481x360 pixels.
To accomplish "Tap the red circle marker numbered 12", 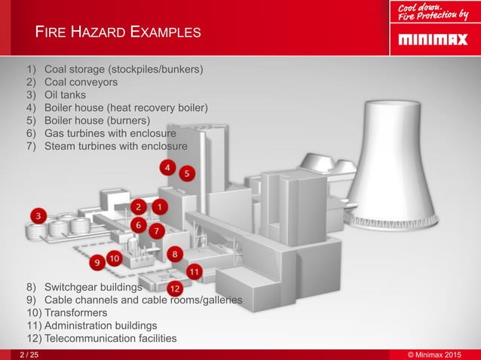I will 174,288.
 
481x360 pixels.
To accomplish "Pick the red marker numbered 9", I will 96,263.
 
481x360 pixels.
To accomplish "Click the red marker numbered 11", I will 194,270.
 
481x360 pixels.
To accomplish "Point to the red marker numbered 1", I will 159,206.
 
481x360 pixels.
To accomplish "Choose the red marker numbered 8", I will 174,255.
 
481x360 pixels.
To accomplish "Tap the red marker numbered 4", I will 168,166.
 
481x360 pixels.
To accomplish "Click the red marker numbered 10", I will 114,258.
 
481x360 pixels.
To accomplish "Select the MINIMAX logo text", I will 432,38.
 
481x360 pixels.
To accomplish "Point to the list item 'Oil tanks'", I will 65,95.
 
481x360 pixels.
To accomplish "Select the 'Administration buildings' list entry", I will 100,325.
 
